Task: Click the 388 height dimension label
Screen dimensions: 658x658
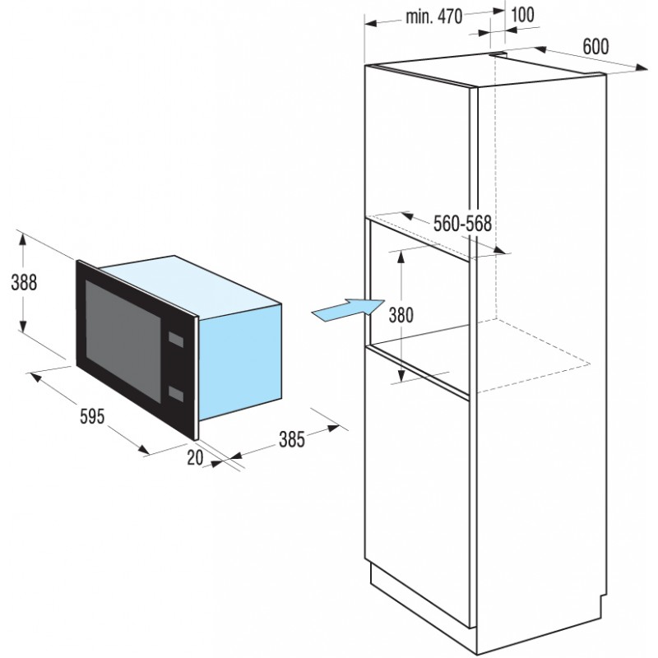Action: coord(24,282)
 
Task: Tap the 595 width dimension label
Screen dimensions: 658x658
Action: coord(92,417)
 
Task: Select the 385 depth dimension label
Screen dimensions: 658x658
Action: coord(292,439)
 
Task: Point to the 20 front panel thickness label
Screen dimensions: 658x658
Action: coord(195,457)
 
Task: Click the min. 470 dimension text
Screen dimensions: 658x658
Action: coord(434,16)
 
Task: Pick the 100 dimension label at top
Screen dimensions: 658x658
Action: coord(523,15)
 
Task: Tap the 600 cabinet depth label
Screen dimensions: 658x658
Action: coord(595,46)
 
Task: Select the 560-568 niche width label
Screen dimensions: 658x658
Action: coord(462,223)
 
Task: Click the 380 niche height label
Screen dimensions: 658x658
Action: coord(401,315)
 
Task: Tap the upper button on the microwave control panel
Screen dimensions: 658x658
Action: coord(176,340)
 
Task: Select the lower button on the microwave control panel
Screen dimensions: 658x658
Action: coord(176,393)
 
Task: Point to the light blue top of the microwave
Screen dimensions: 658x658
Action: coord(189,282)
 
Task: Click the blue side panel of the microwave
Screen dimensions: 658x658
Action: coord(239,362)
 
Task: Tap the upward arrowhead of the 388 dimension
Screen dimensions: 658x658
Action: coord(23,240)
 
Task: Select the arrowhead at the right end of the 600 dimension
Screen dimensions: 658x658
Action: coord(642,67)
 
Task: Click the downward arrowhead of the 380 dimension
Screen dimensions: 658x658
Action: coord(401,375)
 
